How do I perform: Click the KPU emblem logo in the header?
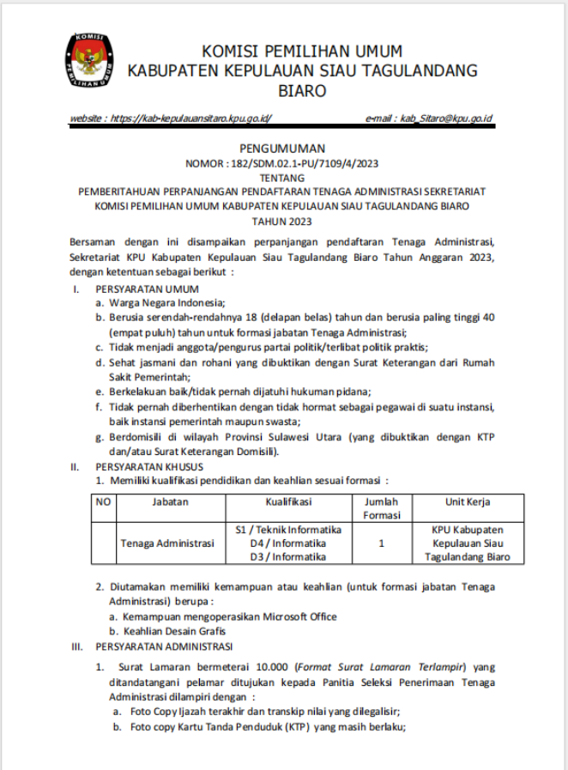pos(88,61)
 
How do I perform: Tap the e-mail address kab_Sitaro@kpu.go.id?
pos(447,119)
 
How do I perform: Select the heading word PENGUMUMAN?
pos(282,149)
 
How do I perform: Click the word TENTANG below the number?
pos(282,178)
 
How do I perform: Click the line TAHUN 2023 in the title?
pos(282,221)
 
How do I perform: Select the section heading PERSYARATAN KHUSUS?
pos(149,467)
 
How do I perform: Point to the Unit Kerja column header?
pos(467,501)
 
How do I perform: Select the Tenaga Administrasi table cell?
pos(166,543)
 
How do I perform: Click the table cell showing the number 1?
pos(381,543)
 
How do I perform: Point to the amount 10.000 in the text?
pos(266,667)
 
